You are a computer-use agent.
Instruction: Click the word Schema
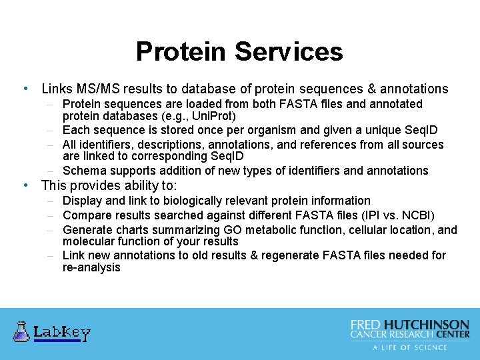coord(83,171)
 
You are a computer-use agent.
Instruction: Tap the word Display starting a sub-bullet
coord(82,201)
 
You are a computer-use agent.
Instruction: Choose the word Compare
coord(86,215)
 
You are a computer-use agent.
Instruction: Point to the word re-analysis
coord(91,267)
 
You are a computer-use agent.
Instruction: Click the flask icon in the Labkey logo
coord(21,331)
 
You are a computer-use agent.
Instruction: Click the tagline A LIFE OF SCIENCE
coord(410,347)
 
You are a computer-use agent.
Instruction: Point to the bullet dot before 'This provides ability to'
coord(25,185)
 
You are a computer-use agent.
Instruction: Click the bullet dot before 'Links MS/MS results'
coord(25,89)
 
